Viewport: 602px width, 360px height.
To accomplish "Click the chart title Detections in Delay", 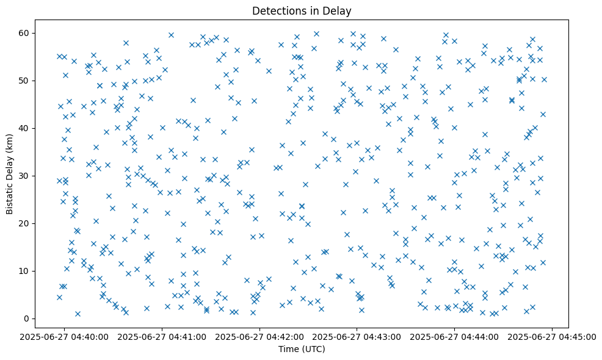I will pos(302,11).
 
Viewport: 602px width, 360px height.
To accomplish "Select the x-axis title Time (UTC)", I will pos(302,349).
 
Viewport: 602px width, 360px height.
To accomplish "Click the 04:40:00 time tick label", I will pos(65,336).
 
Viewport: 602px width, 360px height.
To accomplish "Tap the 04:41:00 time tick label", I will pos(162,336).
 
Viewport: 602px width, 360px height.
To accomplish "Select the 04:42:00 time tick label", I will pos(260,336).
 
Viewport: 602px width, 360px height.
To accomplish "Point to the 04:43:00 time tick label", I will pos(357,336).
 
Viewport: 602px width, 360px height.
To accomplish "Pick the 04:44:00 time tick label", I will pos(455,336).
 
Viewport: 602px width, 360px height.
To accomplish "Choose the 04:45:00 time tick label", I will pos(553,336).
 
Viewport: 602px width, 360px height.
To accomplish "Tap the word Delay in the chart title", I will pos(339,11).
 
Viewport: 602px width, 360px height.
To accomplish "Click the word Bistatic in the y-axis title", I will pos(10,195).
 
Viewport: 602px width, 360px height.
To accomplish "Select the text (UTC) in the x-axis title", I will pos(314,349).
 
